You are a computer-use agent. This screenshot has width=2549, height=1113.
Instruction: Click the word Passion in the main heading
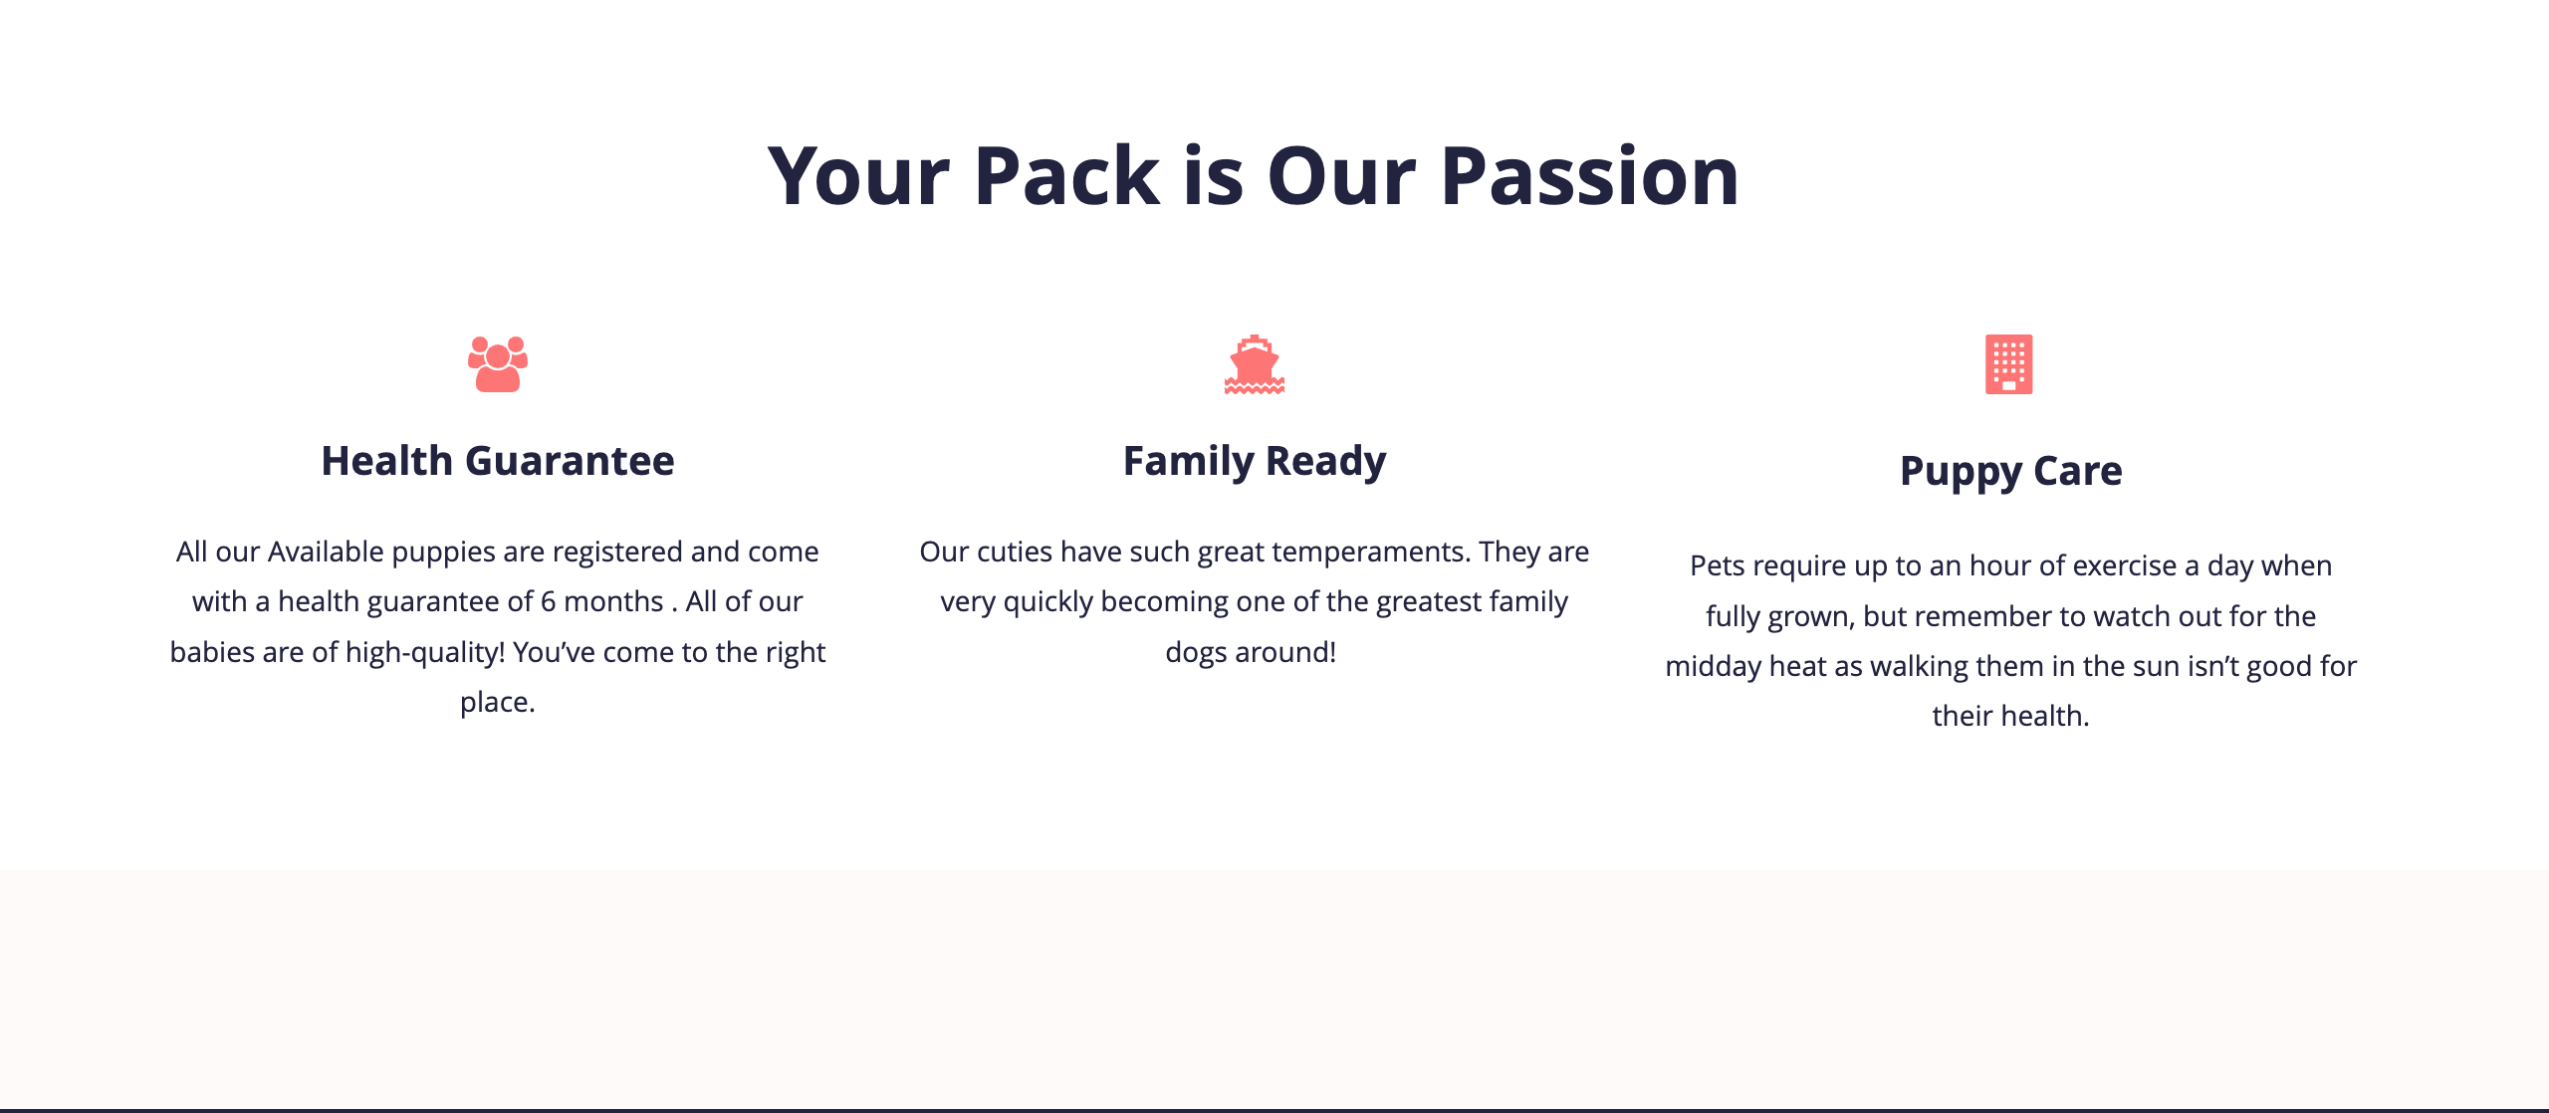point(1590,177)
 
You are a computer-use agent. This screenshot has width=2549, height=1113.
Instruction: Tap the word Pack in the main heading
point(1066,177)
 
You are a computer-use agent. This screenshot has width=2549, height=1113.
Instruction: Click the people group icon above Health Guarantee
point(498,364)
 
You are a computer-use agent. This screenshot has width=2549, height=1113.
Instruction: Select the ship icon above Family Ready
point(1255,364)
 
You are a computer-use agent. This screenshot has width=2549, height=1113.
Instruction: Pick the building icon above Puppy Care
point(2009,364)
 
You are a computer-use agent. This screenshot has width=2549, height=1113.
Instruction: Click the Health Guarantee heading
point(498,461)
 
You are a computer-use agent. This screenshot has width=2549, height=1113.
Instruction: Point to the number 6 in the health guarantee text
point(549,602)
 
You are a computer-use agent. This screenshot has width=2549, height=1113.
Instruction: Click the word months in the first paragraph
point(613,602)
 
